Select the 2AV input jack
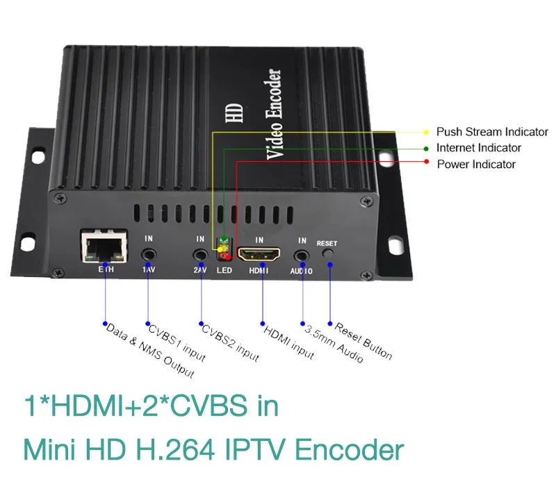(x=200, y=255)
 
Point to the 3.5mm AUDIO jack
(x=302, y=255)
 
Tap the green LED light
(x=224, y=243)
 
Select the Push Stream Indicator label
(x=492, y=131)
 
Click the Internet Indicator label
(x=478, y=147)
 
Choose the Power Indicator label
(x=476, y=164)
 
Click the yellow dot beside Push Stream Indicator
(x=426, y=131)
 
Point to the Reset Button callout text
(x=363, y=341)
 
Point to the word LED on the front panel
(x=224, y=270)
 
